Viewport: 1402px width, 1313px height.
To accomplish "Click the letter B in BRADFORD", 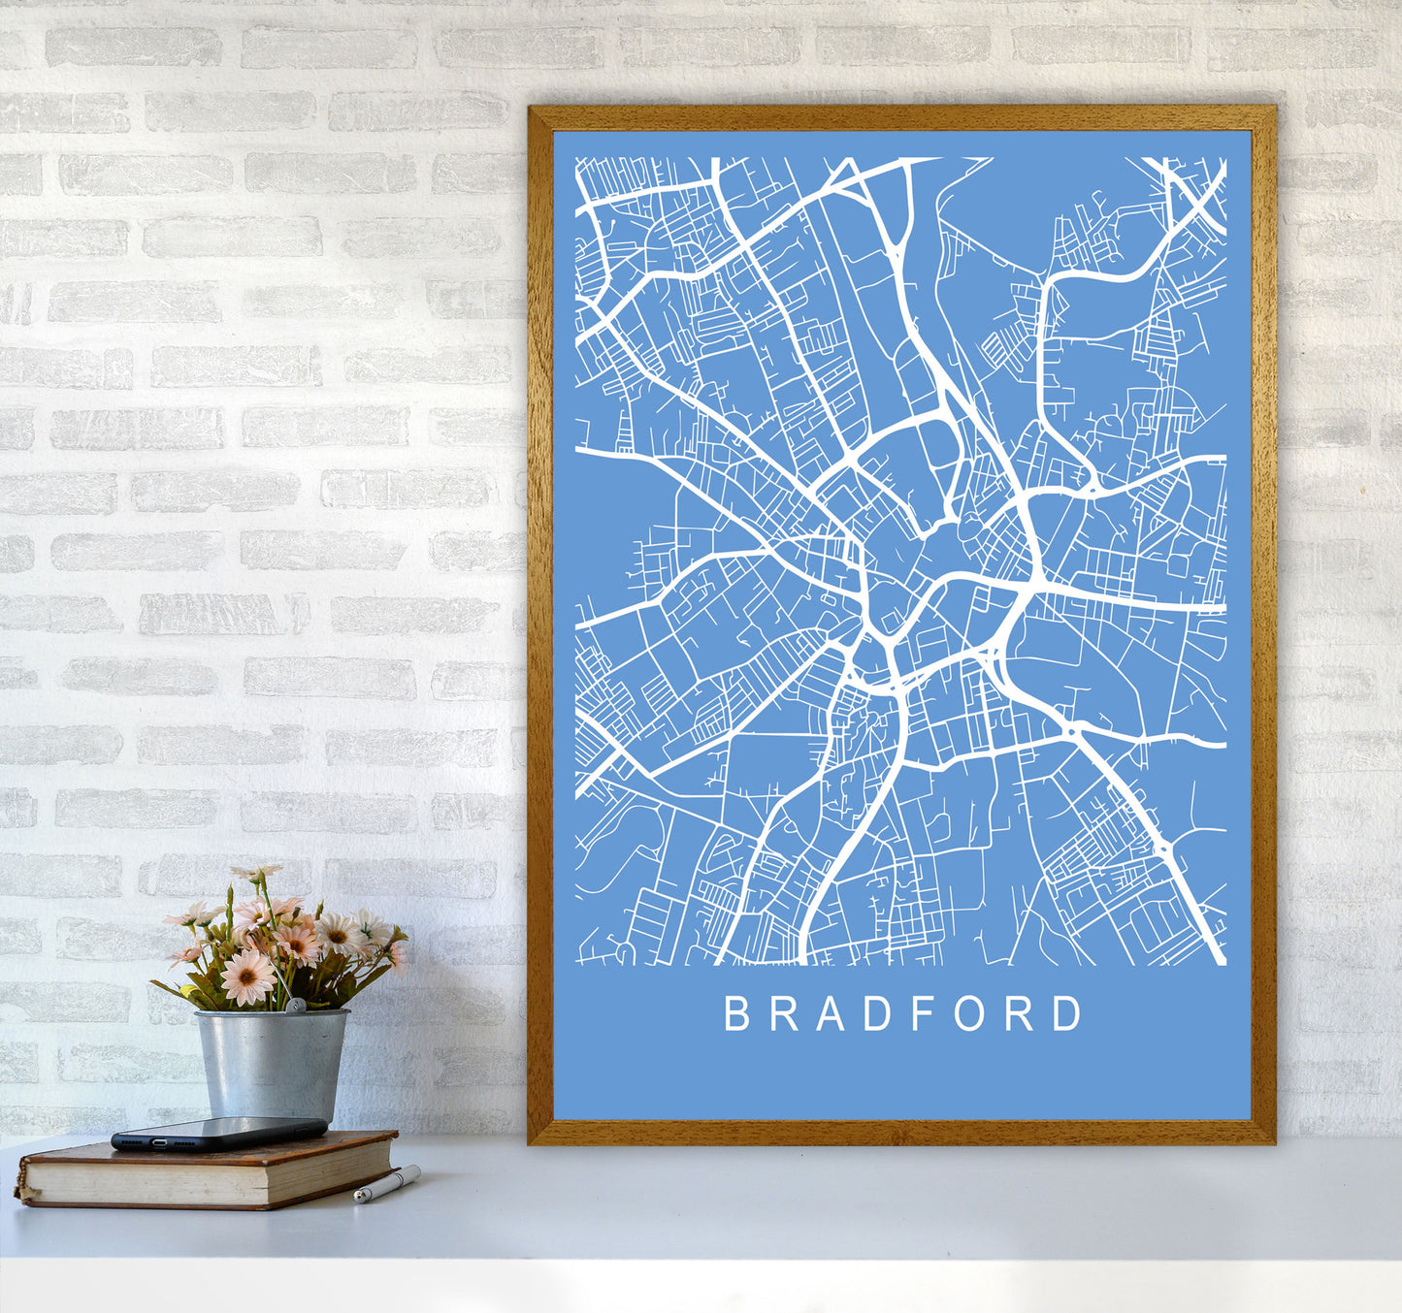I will tap(736, 1013).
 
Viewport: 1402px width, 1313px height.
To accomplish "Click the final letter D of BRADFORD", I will tap(1068, 1013).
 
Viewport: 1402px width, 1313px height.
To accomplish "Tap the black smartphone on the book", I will tap(218, 1133).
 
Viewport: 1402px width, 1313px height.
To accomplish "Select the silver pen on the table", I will tap(386, 1184).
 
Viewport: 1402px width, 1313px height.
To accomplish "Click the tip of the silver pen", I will tap(357, 1200).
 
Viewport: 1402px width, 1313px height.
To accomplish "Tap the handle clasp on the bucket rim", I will tap(297, 1008).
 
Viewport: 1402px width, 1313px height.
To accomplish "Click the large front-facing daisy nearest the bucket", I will tap(247, 976).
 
